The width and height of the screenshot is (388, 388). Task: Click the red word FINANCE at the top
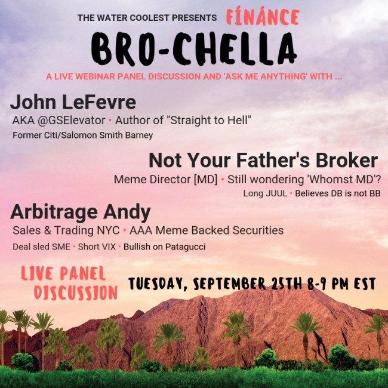click(x=263, y=17)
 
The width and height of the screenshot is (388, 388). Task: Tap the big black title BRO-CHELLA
click(x=194, y=49)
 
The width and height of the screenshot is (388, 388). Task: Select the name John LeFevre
click(x=73, y=102)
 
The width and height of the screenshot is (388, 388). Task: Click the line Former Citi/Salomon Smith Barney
click(x=82, y=136)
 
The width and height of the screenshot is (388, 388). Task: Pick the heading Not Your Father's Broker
click(x=263, y=161)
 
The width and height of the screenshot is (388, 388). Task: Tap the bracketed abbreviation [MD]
click(x=205, y=180)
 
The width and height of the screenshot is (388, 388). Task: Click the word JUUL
click(x=276, y=193)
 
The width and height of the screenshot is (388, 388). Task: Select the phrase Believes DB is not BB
click(x=338, y=193)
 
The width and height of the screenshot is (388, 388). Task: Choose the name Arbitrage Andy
click(x=81, y=212)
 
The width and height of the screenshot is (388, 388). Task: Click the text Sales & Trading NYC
click(x=66, y=230)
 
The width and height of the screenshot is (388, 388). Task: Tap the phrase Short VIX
click(x=97, y=247)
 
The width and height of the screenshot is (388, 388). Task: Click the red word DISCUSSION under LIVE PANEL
click(x=76, y=292)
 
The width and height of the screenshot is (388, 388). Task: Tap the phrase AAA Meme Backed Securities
click(x=207, y=230)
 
